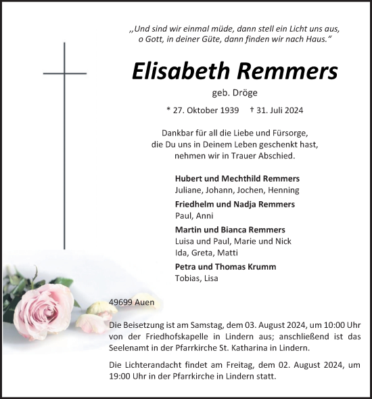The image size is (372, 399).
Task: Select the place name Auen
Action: (145, 302)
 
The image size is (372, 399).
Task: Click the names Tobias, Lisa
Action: (197, 278)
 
